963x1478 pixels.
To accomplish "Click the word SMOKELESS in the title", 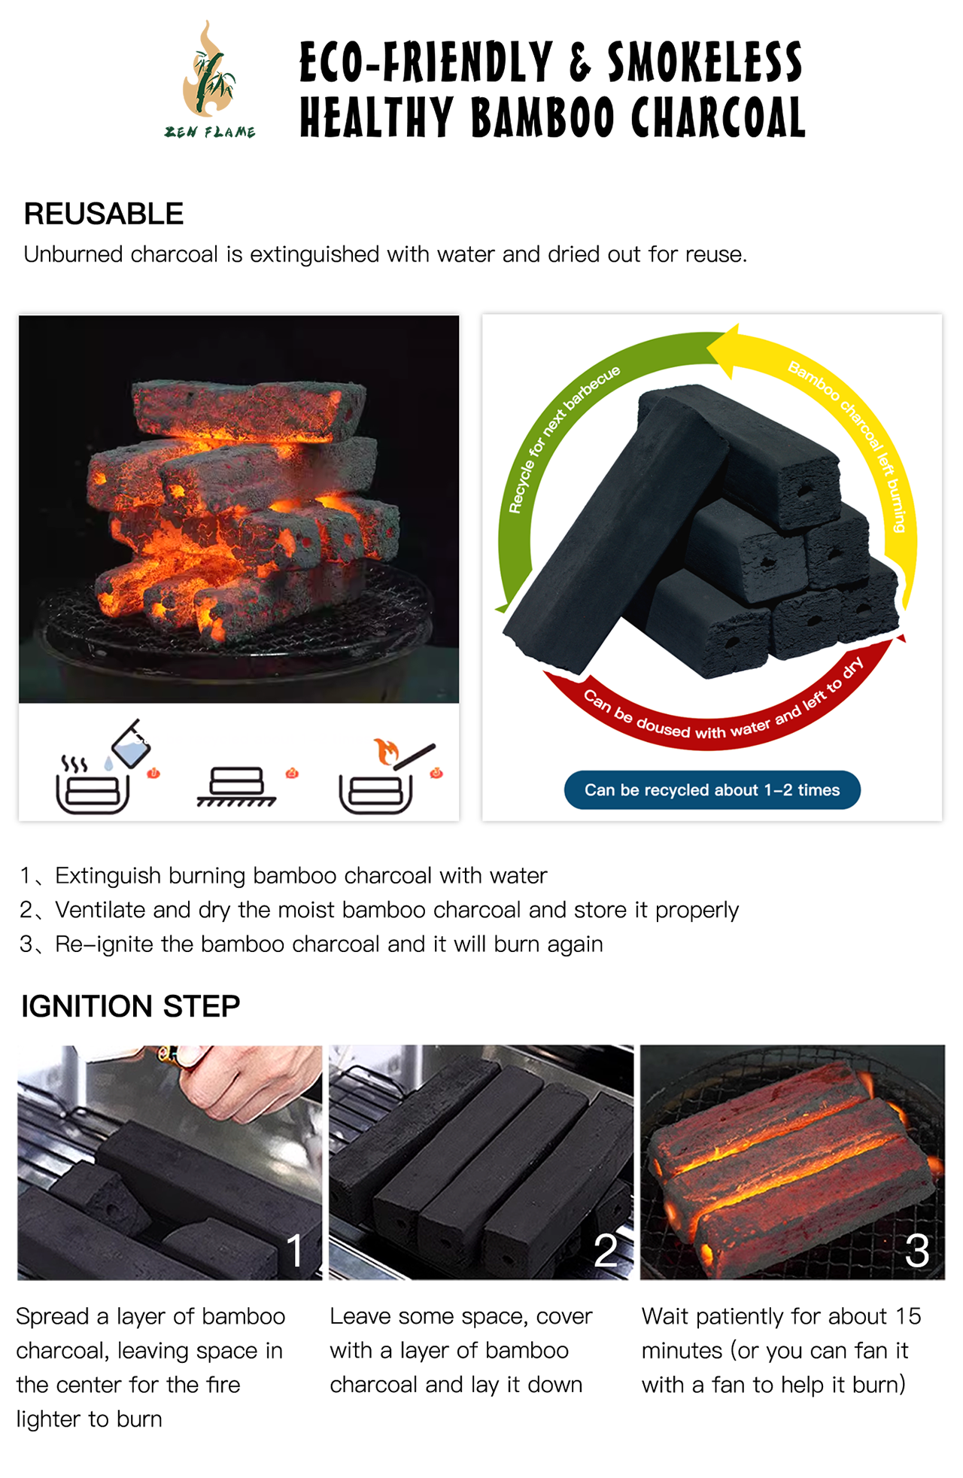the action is pyautogui.click(x=705, y=62).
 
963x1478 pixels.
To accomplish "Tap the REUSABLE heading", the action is pyautogui.click(x=104, y=214).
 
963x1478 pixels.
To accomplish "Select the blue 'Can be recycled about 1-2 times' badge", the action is pyautogui.click(x=712, y=790).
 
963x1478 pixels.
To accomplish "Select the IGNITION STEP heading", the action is pyautogui.click(x=131, y=1006).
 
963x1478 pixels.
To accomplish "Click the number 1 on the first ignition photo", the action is pyautogui.click(x=295, y=1251).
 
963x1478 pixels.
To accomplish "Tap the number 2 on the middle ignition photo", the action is pyautogui.click(x=606, y=1251).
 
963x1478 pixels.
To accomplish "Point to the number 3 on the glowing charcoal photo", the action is pyautogui.click(x=917, y=1251).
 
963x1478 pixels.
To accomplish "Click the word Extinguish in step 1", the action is pyautogui.click(x=108, y=876).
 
